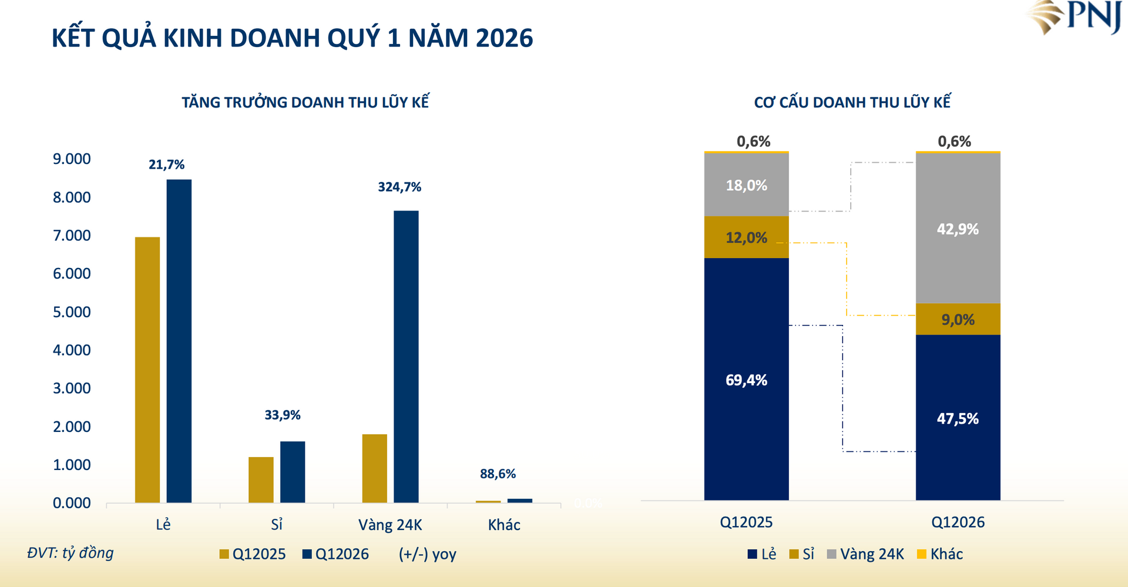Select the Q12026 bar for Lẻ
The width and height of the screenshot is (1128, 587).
tap(179, 341)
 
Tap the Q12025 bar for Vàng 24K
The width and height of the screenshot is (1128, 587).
tap(374, 468)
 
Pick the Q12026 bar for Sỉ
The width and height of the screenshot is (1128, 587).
tap(293, 472)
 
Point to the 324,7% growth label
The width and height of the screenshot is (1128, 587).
tap(399, 187)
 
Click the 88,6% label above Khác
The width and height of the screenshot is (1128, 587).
tap(498, 474)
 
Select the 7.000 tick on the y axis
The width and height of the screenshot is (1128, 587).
tap(72, 236)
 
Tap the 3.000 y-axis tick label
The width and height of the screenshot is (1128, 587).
tap(72, 388)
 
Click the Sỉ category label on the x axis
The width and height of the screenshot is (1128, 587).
tap(277, 524)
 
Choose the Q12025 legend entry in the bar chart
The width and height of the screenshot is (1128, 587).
tap(253, 554)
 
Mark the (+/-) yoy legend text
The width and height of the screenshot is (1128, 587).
tap(427, 554)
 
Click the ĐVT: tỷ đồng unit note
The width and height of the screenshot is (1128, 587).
tap(70, 553)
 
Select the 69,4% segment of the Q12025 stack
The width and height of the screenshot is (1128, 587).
tap(746, 380)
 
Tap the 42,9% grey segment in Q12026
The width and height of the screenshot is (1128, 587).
tap(958, 229)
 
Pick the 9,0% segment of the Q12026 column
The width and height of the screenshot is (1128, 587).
tap(958, 319)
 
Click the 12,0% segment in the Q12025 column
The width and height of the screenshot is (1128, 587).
tap(746, 237)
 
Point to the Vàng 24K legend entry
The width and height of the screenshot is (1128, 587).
tap(865, 554)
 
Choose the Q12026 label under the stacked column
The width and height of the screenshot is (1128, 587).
tap(958, 522)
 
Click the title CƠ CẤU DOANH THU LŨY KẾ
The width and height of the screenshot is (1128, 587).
tap(852, 102)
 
